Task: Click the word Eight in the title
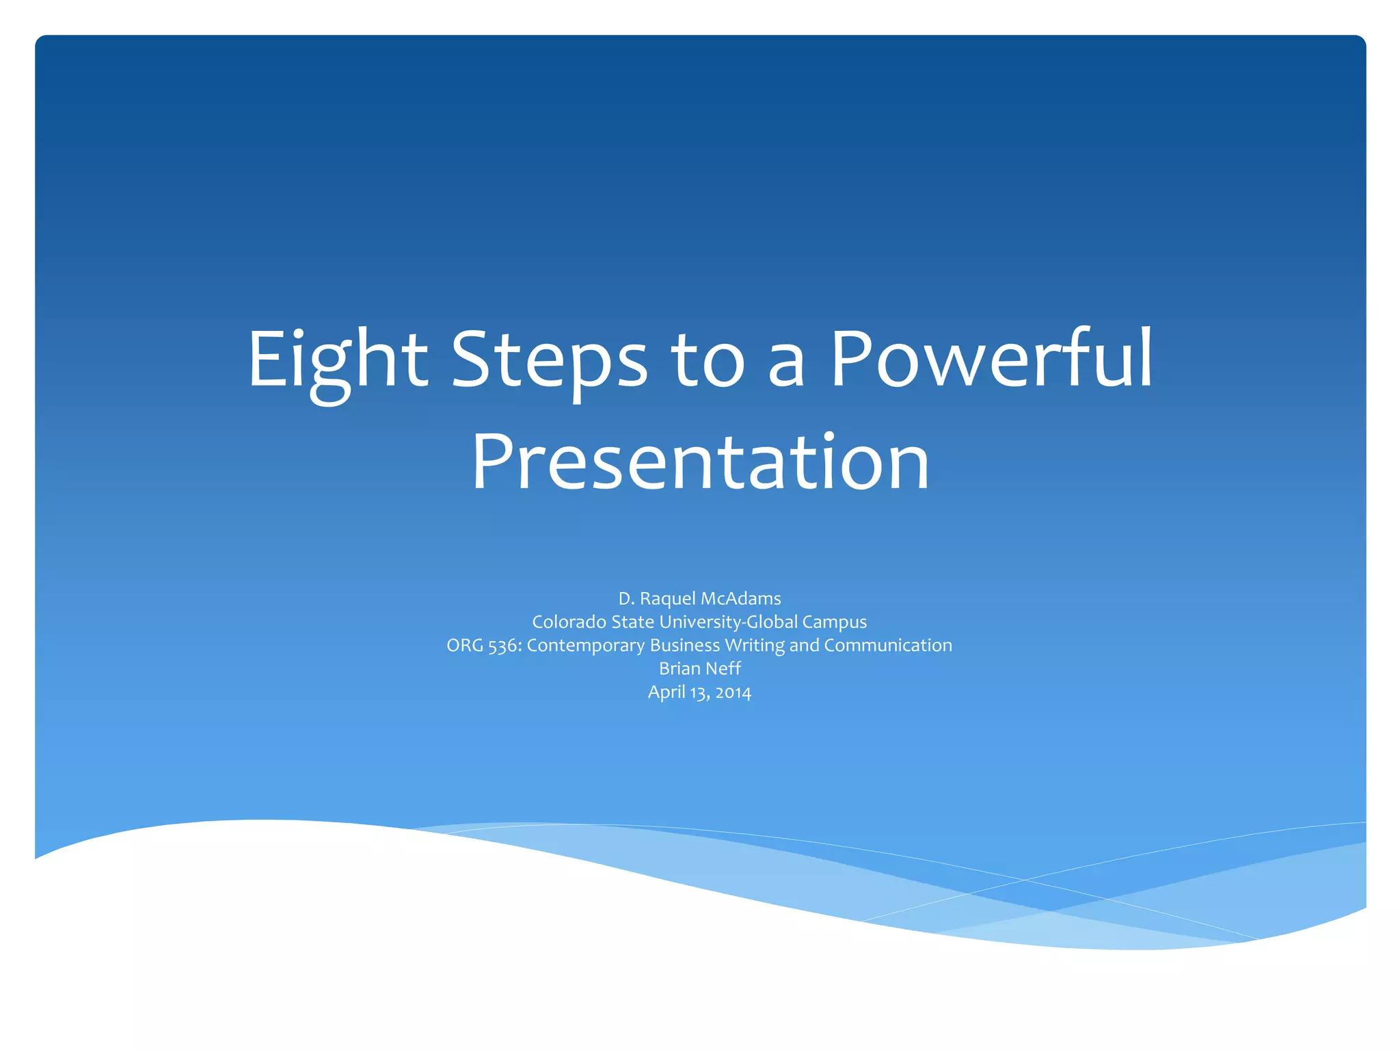[337, 361]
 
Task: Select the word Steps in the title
[549, 361]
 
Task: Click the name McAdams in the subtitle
[740, 599]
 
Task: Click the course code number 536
[504, 646]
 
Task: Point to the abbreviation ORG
[465, 645]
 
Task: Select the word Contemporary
[586, 646]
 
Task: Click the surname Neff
[723, 669]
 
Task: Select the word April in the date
[667, 692]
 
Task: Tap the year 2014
[733, 692]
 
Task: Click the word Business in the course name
[685, 645]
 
